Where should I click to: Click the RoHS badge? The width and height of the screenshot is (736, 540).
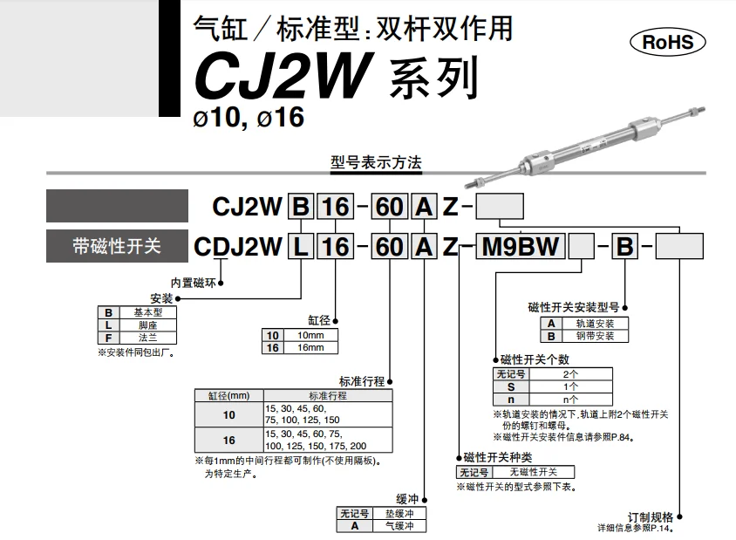667,41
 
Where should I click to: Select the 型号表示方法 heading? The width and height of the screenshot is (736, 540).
376,163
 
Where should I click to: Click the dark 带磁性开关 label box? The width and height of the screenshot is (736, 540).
117,246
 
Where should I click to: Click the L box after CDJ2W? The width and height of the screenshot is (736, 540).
300,246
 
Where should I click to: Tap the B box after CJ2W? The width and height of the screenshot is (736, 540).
300,207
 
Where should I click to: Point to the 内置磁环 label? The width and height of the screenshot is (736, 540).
193,281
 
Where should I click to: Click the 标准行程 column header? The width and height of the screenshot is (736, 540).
327,395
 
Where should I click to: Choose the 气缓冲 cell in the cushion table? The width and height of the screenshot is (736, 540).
400,526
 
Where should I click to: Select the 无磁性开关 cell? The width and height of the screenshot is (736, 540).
534,472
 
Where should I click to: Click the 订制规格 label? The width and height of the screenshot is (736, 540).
650,516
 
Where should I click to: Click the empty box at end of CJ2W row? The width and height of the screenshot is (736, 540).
499,207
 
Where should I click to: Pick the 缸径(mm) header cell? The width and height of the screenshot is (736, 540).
228,395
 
